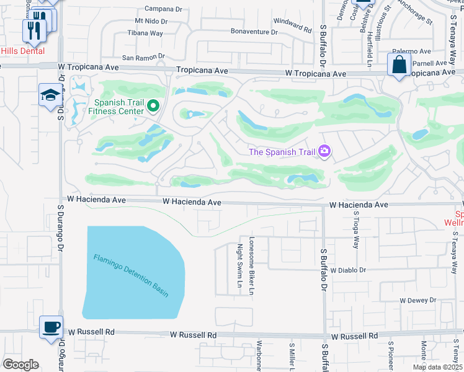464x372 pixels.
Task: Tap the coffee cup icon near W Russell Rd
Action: (x=50, y=327)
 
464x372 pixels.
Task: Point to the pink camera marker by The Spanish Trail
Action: (x=324, y=151)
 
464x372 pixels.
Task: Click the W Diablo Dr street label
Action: (x=349, y=270)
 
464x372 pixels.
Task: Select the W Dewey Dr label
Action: (x=418, y=300)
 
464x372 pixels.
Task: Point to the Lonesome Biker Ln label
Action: (x=252, y=265)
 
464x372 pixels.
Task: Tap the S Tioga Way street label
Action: (x=356, y=229)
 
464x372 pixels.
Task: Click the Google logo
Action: (x=21, y=364)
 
